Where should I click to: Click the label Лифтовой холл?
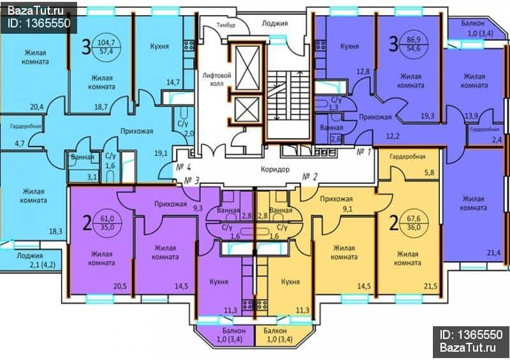[x=217, y=80]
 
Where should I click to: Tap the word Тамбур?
[x=226, y=25]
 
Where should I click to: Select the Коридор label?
[x=275, y=169]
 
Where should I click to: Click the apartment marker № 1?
[x=363, y=152]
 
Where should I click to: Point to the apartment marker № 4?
[x=183, y=167]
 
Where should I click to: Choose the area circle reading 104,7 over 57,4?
[x=106, y=46]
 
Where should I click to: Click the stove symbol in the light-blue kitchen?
[x=189, y=45]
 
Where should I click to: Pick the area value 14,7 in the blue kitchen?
[x=173, y=82]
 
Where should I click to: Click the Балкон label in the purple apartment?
[x=234, y=331]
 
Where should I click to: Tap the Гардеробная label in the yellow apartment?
[x=407, y=157]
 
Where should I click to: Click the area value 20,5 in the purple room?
[x=120, y=286]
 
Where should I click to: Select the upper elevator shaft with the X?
[x=247, y=67]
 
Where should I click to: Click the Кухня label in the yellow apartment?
[x=290, y=282]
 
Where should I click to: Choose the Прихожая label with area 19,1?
[x=136, y=131]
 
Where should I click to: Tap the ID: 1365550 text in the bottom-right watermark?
[x=470, y=335]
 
